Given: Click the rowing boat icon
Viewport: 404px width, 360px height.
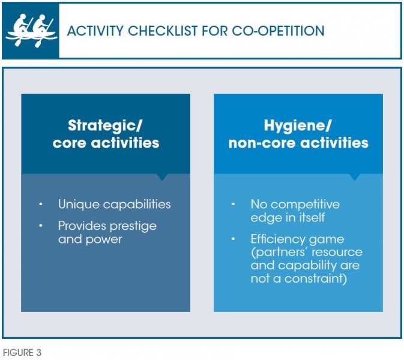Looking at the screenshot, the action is (31, 31).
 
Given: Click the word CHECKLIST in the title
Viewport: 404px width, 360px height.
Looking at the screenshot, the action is (162, 31).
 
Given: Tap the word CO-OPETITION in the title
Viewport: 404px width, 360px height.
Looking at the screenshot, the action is (278, 31).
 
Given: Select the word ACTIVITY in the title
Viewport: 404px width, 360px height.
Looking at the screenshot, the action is (95, 31).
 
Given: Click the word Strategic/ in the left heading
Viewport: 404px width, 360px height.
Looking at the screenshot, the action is (105, 126).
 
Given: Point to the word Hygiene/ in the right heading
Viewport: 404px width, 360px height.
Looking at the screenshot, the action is (298, 126).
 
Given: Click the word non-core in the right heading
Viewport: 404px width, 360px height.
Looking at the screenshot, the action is (262, 143).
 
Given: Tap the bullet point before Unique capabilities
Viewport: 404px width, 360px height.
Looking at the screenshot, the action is (41, 204).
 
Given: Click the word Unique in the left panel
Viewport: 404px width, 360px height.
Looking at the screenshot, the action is (79, 205).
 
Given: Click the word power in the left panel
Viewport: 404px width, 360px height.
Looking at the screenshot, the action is (104, 240).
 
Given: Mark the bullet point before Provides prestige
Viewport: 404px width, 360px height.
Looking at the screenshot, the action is (41, 226).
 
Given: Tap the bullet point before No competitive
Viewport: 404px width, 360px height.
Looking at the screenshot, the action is (233, 204).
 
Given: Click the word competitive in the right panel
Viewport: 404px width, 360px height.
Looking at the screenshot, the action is (306, 205).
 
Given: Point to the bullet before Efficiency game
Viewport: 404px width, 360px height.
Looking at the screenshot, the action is (233, 239).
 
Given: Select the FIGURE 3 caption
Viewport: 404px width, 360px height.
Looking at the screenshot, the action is (22, 353).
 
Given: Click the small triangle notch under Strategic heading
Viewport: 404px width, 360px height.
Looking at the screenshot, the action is (162, 177).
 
